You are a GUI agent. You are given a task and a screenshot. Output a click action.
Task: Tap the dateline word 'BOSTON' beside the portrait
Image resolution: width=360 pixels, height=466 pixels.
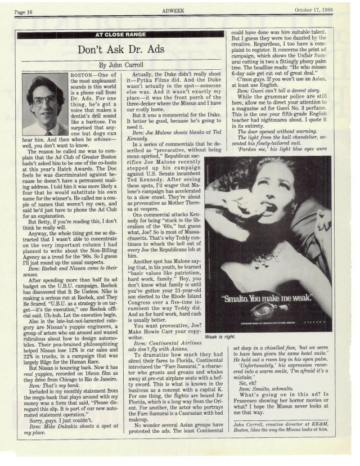pos(84,75)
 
